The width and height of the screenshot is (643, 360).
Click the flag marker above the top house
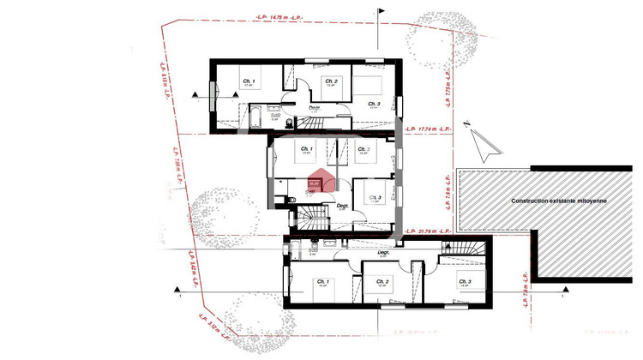tap(380, 15)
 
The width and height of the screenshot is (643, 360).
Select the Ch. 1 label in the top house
tap(249, 80)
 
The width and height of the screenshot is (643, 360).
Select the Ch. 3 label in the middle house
tap(375, 198)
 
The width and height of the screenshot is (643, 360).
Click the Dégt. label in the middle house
tap(341, 206)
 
